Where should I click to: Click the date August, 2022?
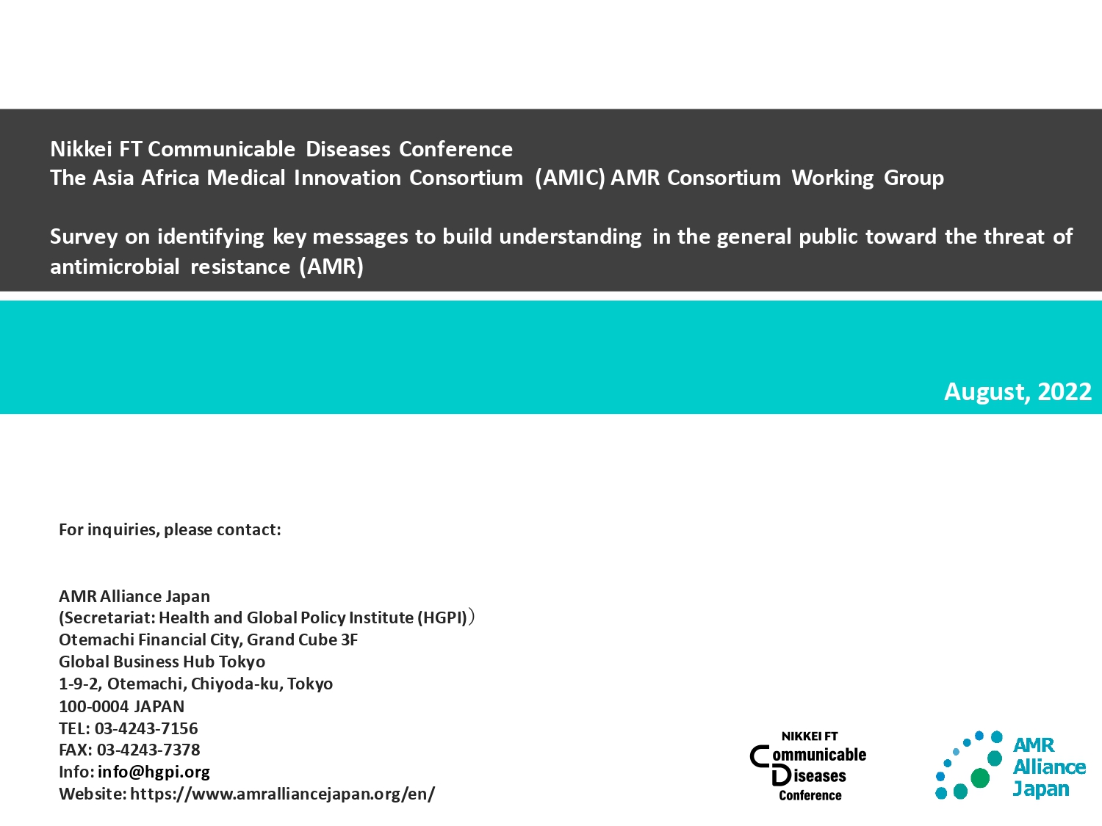1018,391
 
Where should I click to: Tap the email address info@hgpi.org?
154,772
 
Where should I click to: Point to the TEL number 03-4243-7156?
146,728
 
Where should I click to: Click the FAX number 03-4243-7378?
148,750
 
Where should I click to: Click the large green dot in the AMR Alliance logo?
979,778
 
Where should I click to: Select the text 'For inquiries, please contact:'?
170,529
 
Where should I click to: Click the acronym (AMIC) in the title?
570,178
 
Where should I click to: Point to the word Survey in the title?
84,236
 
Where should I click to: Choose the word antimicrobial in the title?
115,267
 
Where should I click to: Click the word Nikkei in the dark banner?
81,149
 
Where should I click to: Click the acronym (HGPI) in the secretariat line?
442,618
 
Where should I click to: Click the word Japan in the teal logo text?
1041,789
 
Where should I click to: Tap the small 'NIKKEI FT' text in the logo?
810,736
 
